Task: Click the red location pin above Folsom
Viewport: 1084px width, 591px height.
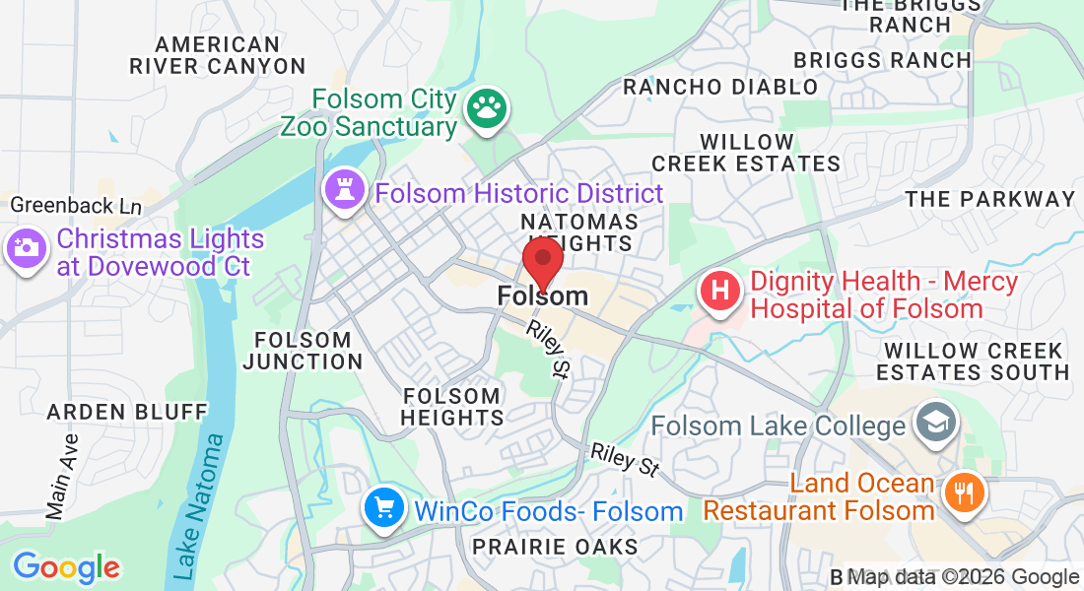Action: click(x=542, y=260)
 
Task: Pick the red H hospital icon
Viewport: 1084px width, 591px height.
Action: click(x=720, y=292)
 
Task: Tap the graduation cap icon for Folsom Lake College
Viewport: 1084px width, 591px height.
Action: click(x=931, y=425)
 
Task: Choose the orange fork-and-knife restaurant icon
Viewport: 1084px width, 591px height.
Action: click(x=961, y=492)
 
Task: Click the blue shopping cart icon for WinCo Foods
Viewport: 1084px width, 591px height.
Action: click(x=382, y=508)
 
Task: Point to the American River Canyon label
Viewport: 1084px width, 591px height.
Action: click(x=218, y=55)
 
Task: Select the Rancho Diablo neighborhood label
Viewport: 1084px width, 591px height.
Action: click(x=720, y=87)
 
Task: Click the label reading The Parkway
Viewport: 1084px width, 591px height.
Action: click(x=989, y=199)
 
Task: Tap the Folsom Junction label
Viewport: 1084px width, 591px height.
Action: click(x=303, y=351)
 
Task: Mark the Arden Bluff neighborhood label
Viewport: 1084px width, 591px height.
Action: click(x=127, y=411)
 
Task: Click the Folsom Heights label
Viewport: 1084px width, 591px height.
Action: click(x=452, y=407)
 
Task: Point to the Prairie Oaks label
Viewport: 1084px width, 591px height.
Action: click(x=555, y=546)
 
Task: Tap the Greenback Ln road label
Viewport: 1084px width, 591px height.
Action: click(x=76, y=206)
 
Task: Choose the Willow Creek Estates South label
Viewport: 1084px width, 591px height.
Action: click(x=973, y=361)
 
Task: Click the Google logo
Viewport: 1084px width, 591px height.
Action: click(x=66, y=567)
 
